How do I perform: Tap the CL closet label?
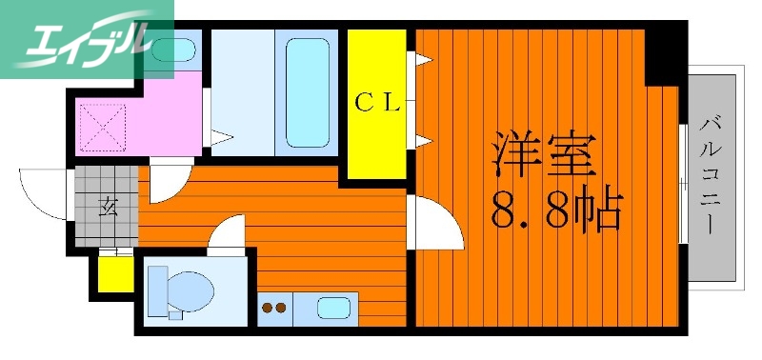point(377,104)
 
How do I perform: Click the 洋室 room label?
point(542,153)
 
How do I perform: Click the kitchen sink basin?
point(332,308)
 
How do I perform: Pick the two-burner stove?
point(274,308)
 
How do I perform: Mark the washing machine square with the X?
point(101,127)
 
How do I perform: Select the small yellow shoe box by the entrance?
point(116,274)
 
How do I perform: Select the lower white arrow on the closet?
point(420,142)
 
